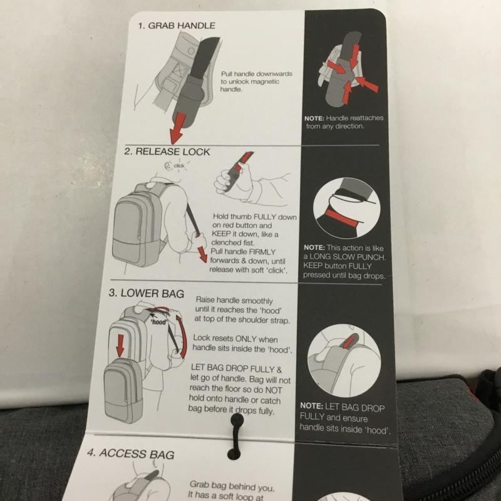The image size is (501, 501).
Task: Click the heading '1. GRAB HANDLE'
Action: (x=177, y=26)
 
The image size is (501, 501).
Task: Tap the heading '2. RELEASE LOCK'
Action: (x=167, y=151)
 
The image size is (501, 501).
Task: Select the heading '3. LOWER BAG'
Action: (x=147, y=293)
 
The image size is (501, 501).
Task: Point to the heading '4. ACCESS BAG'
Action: (x=131, y=453)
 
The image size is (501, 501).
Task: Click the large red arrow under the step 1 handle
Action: (x=177, y=128)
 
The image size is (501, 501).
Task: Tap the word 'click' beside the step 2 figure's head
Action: (x=179, y=165)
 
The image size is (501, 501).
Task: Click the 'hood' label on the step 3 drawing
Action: (x=159, y=322)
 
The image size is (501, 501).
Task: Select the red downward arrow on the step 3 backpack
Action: (x=120, y=346)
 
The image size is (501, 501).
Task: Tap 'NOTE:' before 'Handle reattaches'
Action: (x=314, y=118)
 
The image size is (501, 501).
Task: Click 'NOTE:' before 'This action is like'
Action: (x=314, y=247)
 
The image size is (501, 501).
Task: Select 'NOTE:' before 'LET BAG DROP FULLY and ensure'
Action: (x=311, y=406)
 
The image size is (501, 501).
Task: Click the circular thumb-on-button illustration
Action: (x=347, y=208)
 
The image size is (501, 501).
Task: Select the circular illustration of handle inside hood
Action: (x=344, y=361)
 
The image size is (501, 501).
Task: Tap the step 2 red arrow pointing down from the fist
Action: (x=202, y=254)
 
